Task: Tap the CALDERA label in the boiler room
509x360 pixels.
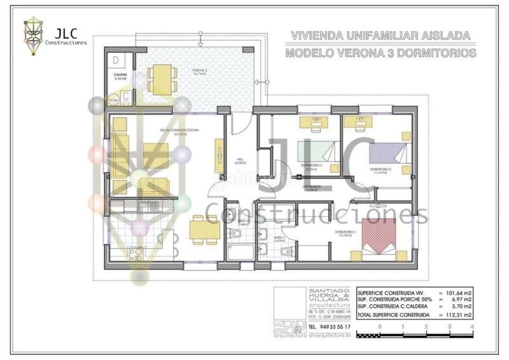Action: [120, 75]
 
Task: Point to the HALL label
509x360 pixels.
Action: [240, 162]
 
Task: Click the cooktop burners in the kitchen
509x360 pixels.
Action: [136, 254]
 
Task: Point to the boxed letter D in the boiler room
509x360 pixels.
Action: [118, 60]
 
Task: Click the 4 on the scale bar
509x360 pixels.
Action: [471, 326]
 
